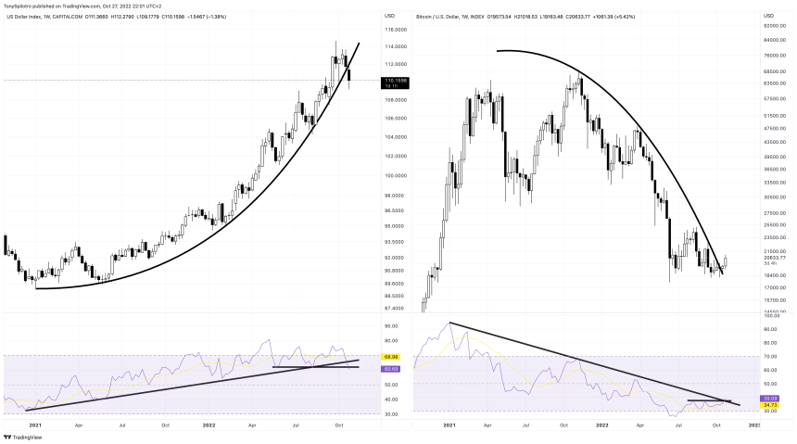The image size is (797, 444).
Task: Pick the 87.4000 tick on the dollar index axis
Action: [371, 309]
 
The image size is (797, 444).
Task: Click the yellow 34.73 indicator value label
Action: [770, 405]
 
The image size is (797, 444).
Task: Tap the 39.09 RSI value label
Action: [770, 398]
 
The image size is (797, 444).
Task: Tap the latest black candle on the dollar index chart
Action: [349, 74]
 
